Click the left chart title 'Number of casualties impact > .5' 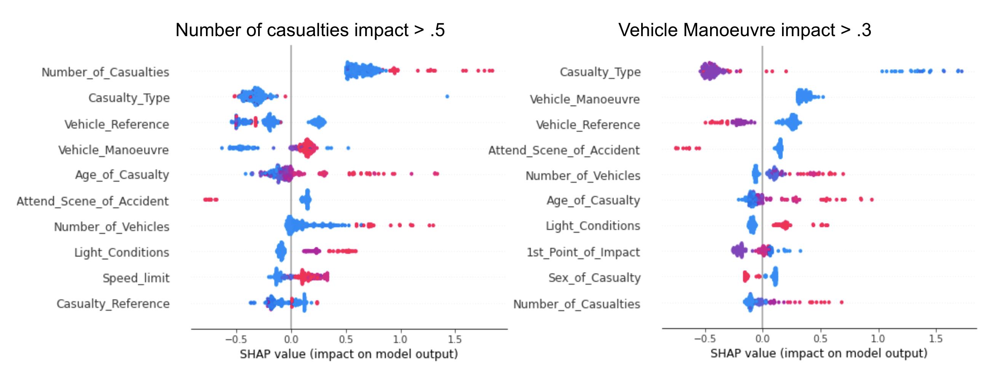point(310,30)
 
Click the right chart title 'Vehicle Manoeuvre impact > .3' point(744,30)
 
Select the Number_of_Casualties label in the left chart point(105,72)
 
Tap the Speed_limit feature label point(136,278)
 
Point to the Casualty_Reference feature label point(113,304)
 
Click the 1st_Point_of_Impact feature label point(583,252)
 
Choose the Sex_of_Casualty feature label point(594,278)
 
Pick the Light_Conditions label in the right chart point(592,226)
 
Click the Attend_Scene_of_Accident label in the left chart point(93,201)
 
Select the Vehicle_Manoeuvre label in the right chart point(584,99)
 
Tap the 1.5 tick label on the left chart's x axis point(455,339)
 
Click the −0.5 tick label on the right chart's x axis point(705,339)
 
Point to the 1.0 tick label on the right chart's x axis point(878,339)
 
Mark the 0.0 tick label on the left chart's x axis point(291,339)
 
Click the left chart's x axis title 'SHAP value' point(349,354)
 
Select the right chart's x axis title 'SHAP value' point(819,353)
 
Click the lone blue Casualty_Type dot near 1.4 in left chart point(447,96)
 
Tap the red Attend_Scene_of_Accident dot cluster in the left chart point(211,199)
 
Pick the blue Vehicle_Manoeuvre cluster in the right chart point(806,97)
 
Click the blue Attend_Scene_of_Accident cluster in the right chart point(779,148)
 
